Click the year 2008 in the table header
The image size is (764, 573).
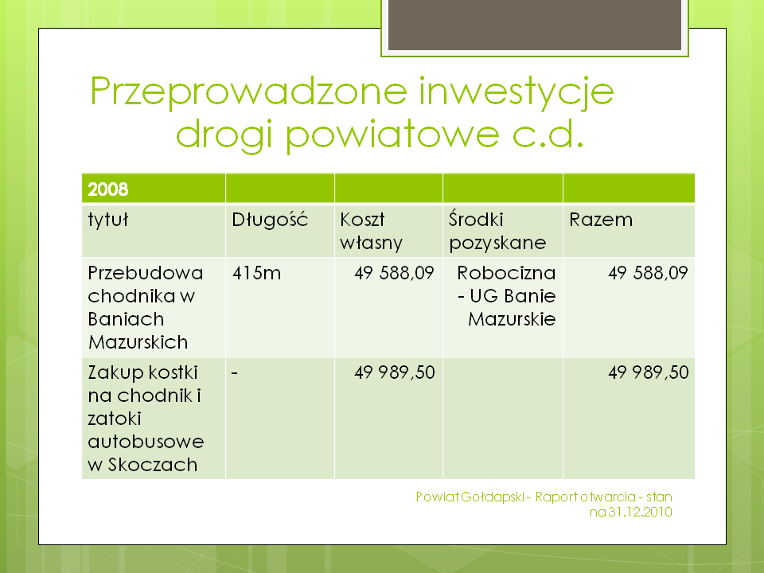tap(107, 189)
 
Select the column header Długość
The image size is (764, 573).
tap(270, 220)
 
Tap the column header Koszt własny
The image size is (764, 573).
tap(372, 231)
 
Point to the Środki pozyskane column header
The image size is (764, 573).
tap(497, 231)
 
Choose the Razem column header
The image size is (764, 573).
tap(601, 220)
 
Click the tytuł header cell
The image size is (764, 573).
tap(107, 220)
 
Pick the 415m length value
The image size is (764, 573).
tap(256, 273)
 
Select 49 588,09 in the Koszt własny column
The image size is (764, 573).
tap(394, 273)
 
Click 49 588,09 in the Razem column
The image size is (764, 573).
tap(648, 273)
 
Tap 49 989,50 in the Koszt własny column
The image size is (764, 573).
tap(395, 372)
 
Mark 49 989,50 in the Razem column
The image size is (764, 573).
tap(649, 372)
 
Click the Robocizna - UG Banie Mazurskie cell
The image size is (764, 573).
tap(506, 296)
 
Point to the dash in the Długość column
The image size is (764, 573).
tap(234, 374)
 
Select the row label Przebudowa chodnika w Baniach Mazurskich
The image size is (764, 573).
tap(145, 307)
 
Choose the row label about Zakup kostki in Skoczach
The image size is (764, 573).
tap(146, 419)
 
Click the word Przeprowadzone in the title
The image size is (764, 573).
tap(248, 92)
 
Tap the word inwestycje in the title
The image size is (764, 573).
tap(516, 92)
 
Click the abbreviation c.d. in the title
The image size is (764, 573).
tap(548, 134)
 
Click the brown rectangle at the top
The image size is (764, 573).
tap(535, 25)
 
